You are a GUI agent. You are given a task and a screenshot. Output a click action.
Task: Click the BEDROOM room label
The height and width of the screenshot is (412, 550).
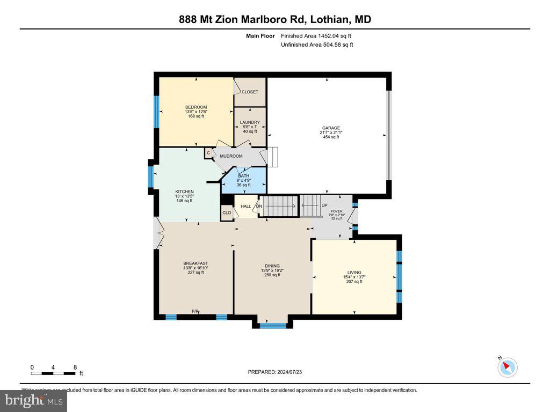[x=196, y=107]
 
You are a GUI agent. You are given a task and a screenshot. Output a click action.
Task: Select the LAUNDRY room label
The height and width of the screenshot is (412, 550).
[x=250, y=122]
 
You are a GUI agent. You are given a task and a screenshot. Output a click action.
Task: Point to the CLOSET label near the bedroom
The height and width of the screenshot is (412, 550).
[x=250, y=92]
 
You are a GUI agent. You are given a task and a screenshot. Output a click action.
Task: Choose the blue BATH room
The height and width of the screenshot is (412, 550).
[x=244, y=180]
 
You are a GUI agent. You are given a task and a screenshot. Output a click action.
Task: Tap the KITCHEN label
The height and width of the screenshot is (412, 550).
[x=184, y=192]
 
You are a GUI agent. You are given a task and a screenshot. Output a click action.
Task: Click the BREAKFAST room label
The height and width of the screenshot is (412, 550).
[x=196, y=263]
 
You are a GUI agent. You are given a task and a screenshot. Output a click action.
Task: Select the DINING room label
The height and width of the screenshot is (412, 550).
[x=272, y=266]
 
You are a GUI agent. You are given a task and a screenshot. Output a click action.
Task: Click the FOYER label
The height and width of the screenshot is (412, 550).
[x=337, y=211]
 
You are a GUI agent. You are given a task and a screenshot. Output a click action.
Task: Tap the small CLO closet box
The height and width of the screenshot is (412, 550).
[x=227, y=213]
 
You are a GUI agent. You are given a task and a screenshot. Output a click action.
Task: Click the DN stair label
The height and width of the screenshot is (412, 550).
[x=258, y=206]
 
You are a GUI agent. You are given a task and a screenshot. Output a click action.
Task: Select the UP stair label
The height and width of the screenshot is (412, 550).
[x=324, y=205]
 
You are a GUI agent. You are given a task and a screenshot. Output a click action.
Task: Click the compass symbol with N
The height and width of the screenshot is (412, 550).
[x=507, y=367]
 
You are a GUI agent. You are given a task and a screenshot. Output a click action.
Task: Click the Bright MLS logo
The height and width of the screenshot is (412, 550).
[x=33, y=400]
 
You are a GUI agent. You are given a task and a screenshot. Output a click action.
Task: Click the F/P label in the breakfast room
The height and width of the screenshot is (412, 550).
[x=196, y=312]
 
